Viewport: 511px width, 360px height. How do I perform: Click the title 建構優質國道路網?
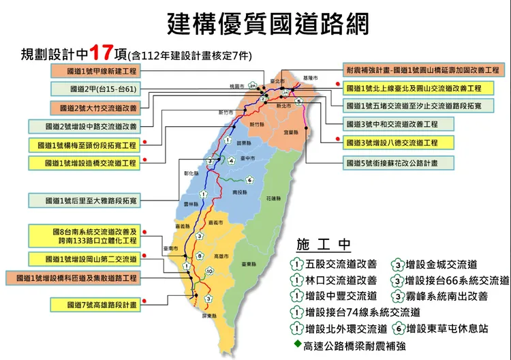pyautogui.click(x=268, y=24)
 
